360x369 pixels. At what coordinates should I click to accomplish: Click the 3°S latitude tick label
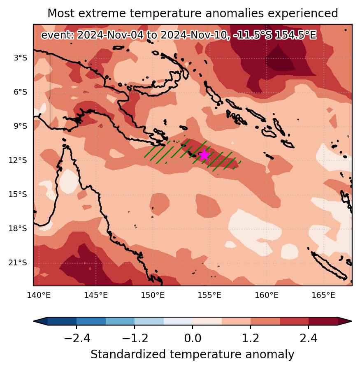coord(21,58)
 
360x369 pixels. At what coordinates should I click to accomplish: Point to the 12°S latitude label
coord(18,160)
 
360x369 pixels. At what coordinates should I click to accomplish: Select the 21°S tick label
coord(18,262)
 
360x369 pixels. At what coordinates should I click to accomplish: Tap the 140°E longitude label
coord(39,295)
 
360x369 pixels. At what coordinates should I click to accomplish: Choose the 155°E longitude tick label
coord(209,295)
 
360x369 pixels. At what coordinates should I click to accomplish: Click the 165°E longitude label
coord(323,295)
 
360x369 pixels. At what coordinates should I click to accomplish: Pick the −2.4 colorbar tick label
coord(77,339)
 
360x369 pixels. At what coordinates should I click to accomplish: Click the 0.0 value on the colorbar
coord(193,339)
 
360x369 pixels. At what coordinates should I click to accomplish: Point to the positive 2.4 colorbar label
coord(308,339)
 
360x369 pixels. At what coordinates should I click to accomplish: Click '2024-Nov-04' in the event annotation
coord(110,35)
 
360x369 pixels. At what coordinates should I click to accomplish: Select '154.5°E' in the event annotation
coord(295,35)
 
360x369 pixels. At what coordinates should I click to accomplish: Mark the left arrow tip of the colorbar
coord(33,321)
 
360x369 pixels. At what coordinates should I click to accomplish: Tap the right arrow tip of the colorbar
coord(352,321)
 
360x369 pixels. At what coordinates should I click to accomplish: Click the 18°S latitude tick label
coord(18,228)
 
